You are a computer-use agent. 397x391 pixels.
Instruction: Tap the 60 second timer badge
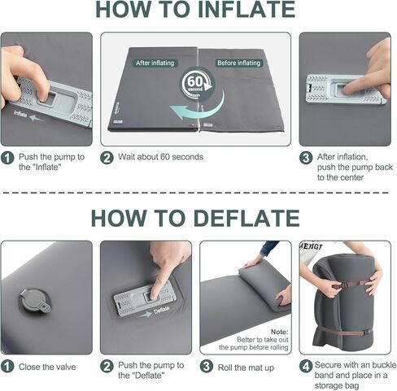pyautogui.click(x=194, y=85)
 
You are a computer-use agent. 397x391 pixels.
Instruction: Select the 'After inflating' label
pyautogui.click(x=155, y=63)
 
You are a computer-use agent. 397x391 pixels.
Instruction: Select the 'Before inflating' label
pyautogui.click(x=238, y=63)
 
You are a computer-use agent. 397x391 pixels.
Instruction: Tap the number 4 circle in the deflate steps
pyautogui.click(x=306, y=367)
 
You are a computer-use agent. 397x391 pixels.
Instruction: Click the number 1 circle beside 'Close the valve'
pyautogui.click(x=7, y=367)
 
